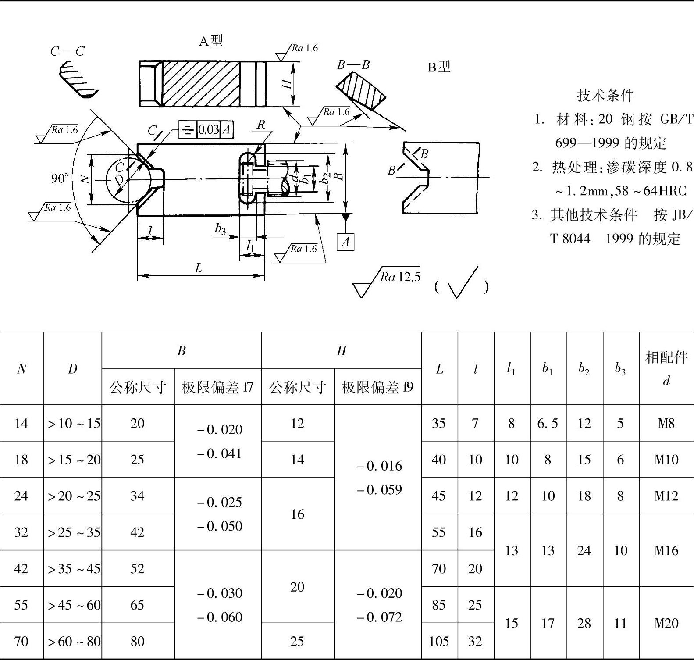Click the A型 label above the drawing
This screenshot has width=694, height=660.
point(211,41)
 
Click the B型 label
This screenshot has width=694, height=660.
point(439,67)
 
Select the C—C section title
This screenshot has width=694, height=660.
point(67,51)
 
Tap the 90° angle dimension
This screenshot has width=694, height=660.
point(60,178)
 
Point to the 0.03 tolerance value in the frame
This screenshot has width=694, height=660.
point(208,129)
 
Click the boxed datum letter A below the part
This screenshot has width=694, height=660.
point(345,242)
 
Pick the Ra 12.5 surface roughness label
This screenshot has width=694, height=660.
point(400,277)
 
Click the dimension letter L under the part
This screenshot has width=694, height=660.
point(198,268)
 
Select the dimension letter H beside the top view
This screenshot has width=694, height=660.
point(287,83)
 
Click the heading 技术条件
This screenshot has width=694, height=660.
point(605,95)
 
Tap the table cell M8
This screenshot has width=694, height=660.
point(666,423)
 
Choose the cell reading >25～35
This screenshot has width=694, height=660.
point(74,532)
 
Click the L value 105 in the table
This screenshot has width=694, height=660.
point(439,641)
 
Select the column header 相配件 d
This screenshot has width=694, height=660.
point(666,369)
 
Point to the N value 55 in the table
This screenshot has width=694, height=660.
point(21,605)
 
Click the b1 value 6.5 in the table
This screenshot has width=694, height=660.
point(548,423)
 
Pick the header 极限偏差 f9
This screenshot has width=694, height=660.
point(377,387)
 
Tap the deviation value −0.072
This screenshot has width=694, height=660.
point(380,617)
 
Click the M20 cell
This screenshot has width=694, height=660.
point(666,623)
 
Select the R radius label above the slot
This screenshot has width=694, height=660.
point(261,125)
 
